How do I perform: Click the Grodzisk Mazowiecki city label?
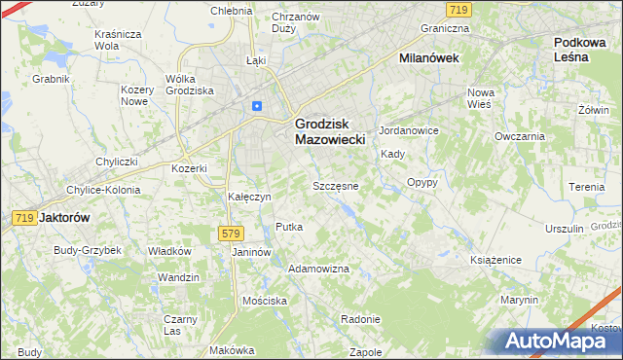click(329, 131)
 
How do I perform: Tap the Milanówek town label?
click(429, 58)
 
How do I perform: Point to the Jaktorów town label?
click(64, 219)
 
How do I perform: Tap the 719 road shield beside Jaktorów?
click(25, 219)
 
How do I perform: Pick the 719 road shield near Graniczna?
click(459, 9)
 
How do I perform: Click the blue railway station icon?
click(256, 106)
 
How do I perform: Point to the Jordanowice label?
click(410, 130)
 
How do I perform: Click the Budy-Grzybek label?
click(88, 250)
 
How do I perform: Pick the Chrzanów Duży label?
click(296, 22)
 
